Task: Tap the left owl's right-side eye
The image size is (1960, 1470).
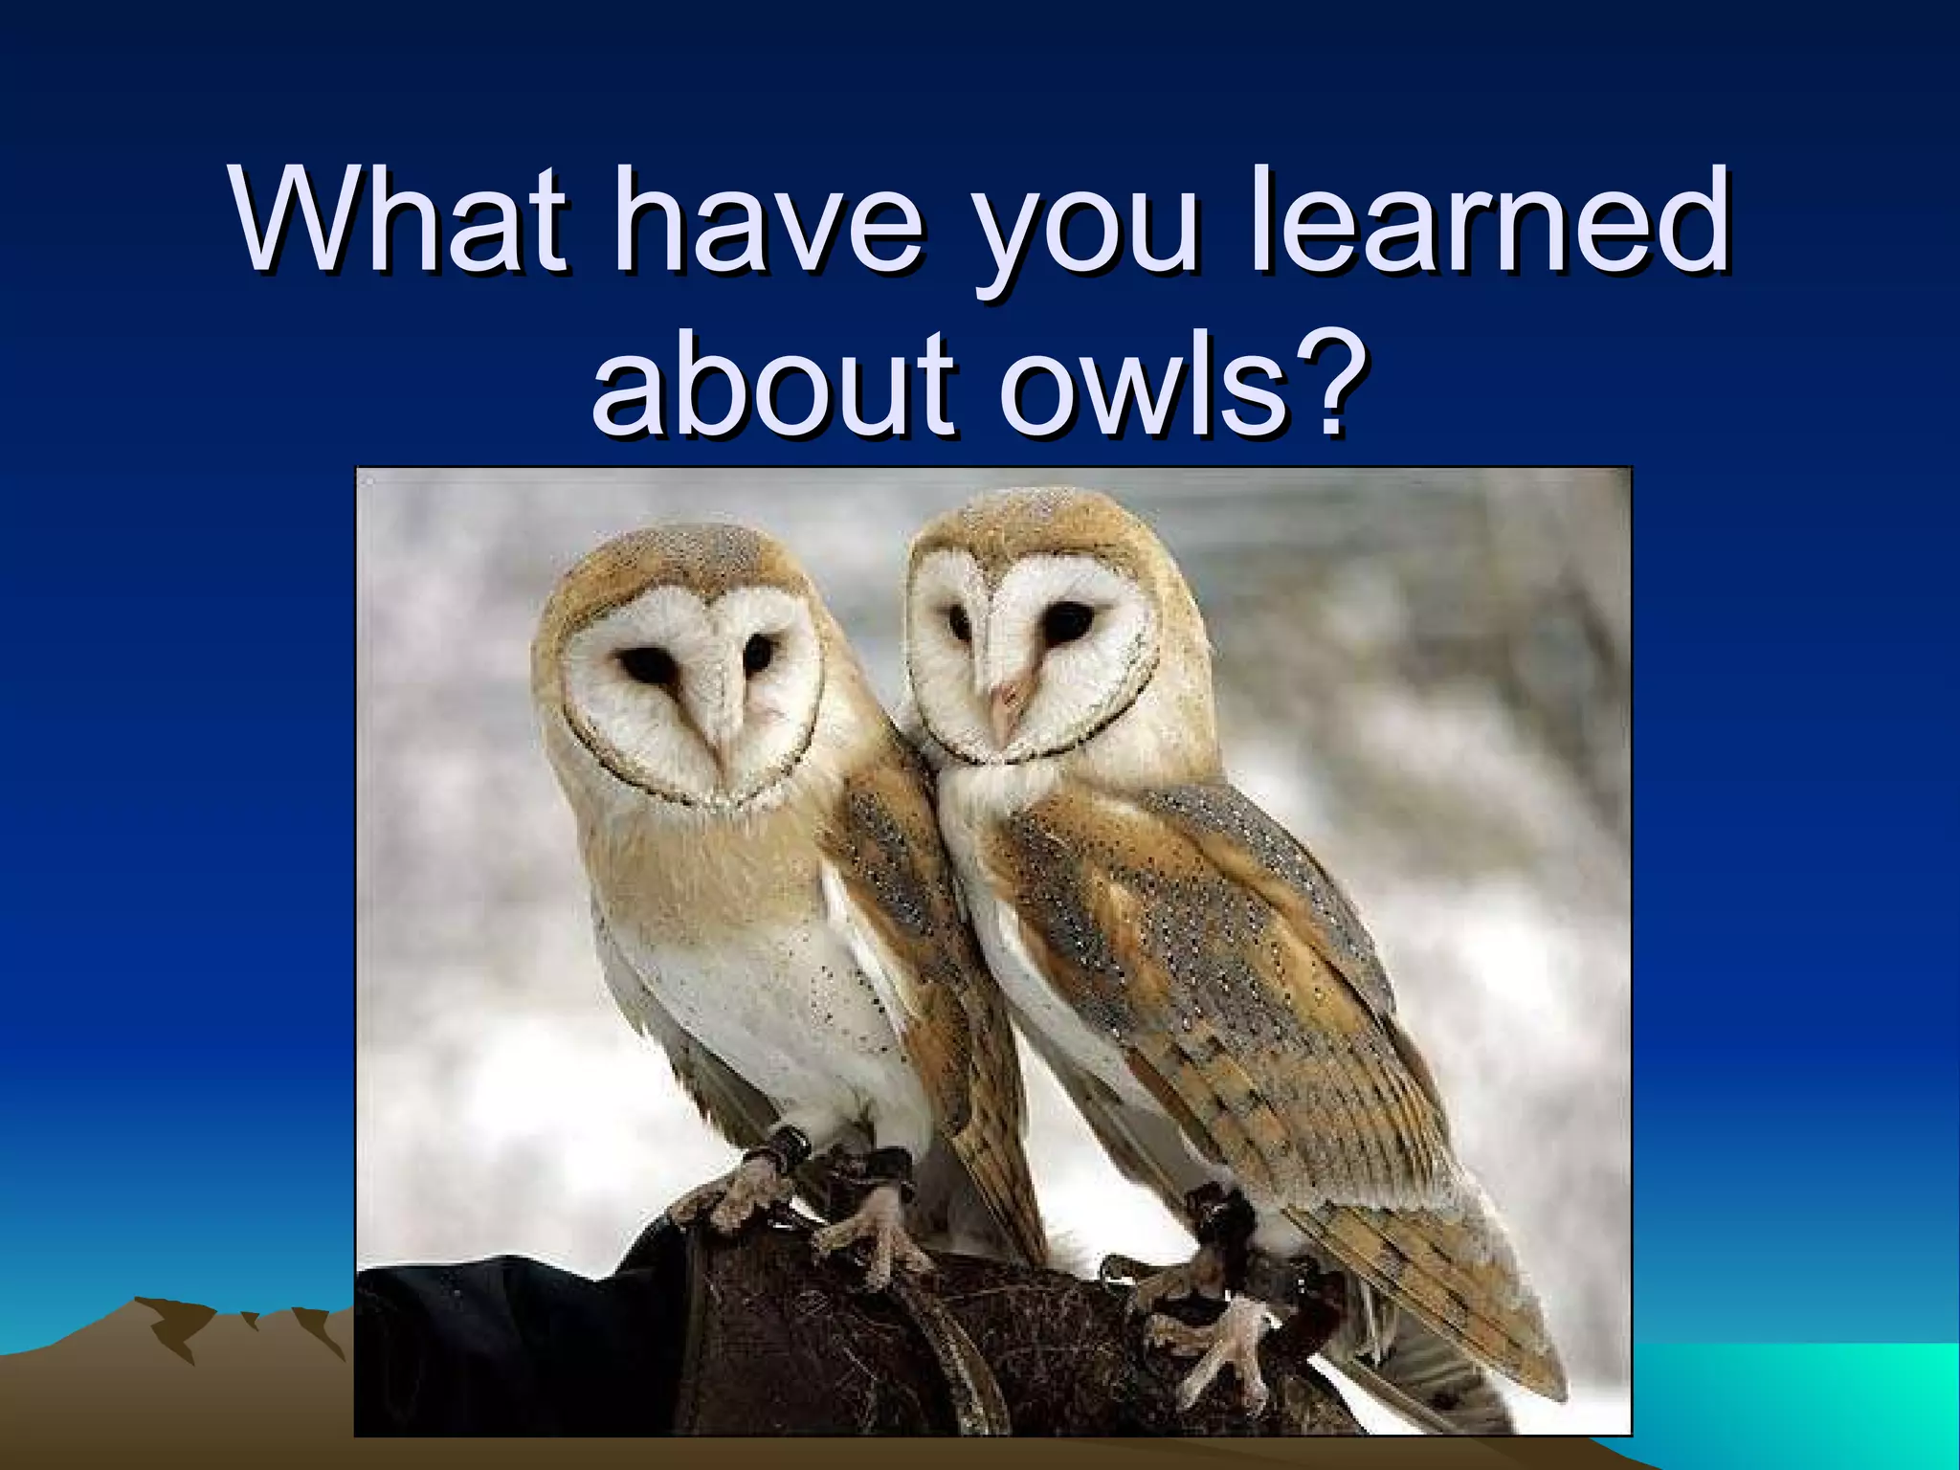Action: [x=759, y=653]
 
